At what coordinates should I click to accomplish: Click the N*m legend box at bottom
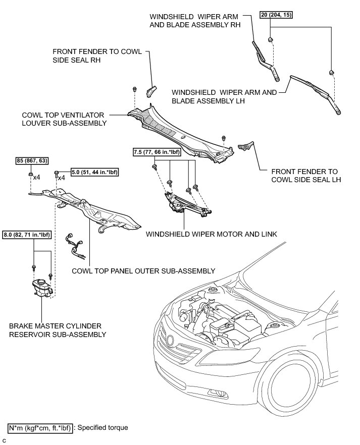click(x=41, y=427)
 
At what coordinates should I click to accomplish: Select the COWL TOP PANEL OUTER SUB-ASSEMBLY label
click(x=143, y=271)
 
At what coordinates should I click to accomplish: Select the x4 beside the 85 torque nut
click(x=36, y=178)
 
